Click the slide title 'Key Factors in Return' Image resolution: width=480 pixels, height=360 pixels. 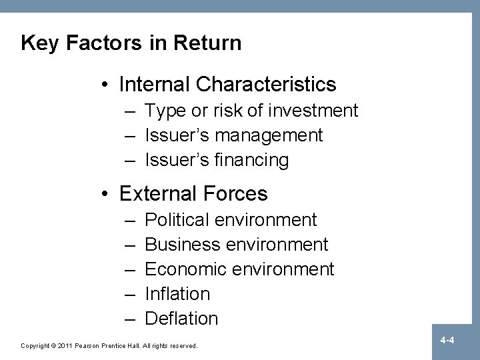(x=131, y=43)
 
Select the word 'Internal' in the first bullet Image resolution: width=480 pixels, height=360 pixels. (x=154, y=85)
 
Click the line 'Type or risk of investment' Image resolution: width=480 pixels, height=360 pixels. (x=251, y=111)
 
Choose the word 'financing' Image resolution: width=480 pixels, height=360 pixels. (x=257, y=161)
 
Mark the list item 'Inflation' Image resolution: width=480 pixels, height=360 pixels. (x=177, y=294)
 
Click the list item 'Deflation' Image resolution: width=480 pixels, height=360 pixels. (x=181, y=319)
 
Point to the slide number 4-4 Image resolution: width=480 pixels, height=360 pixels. (x=447, y=341)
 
